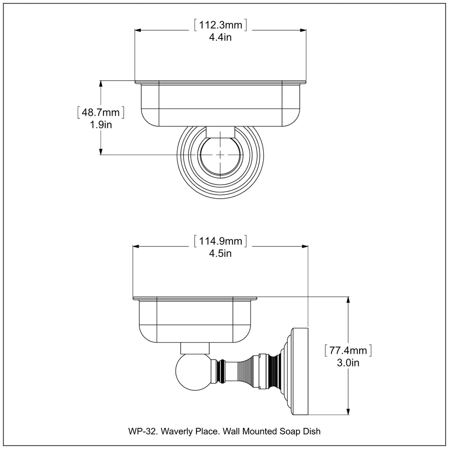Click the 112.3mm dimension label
[220, 25]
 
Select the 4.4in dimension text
[220, 37]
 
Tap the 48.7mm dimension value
[101, 113]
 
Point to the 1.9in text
[101, 125]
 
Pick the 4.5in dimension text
[221, 253]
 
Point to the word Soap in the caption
[290, 431]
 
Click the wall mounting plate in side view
[300, 371]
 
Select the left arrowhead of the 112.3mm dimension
[137, 30]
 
